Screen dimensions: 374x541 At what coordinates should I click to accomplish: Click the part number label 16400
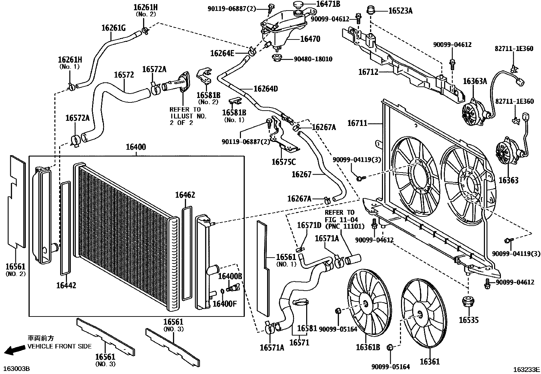tap(136, 147)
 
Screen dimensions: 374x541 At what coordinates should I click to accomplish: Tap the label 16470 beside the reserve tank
tap(310, 39)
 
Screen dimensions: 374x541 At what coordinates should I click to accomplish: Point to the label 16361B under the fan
tap(368, 347)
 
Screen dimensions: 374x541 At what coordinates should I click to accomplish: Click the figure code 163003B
tap(17, 369)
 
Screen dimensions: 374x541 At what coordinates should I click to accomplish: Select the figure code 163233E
tap(526, 369)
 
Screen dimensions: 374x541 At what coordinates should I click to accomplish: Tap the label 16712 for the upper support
tap(368, 72)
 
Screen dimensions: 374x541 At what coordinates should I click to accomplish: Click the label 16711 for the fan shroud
tap(357, 123)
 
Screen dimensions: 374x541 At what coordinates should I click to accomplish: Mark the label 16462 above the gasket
tap(185, 195)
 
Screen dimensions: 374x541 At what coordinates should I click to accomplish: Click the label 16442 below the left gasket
tap(66, 285)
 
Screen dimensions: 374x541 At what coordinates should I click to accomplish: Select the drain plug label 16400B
tap(230, 276)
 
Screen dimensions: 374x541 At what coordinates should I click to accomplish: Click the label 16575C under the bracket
tap(283, 162)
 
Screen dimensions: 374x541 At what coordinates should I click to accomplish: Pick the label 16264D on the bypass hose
tap(266, 89)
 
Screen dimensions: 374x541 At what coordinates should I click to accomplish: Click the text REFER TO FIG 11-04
tap(339, 216)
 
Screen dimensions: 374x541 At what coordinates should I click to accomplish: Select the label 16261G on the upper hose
tap(114, 28)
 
